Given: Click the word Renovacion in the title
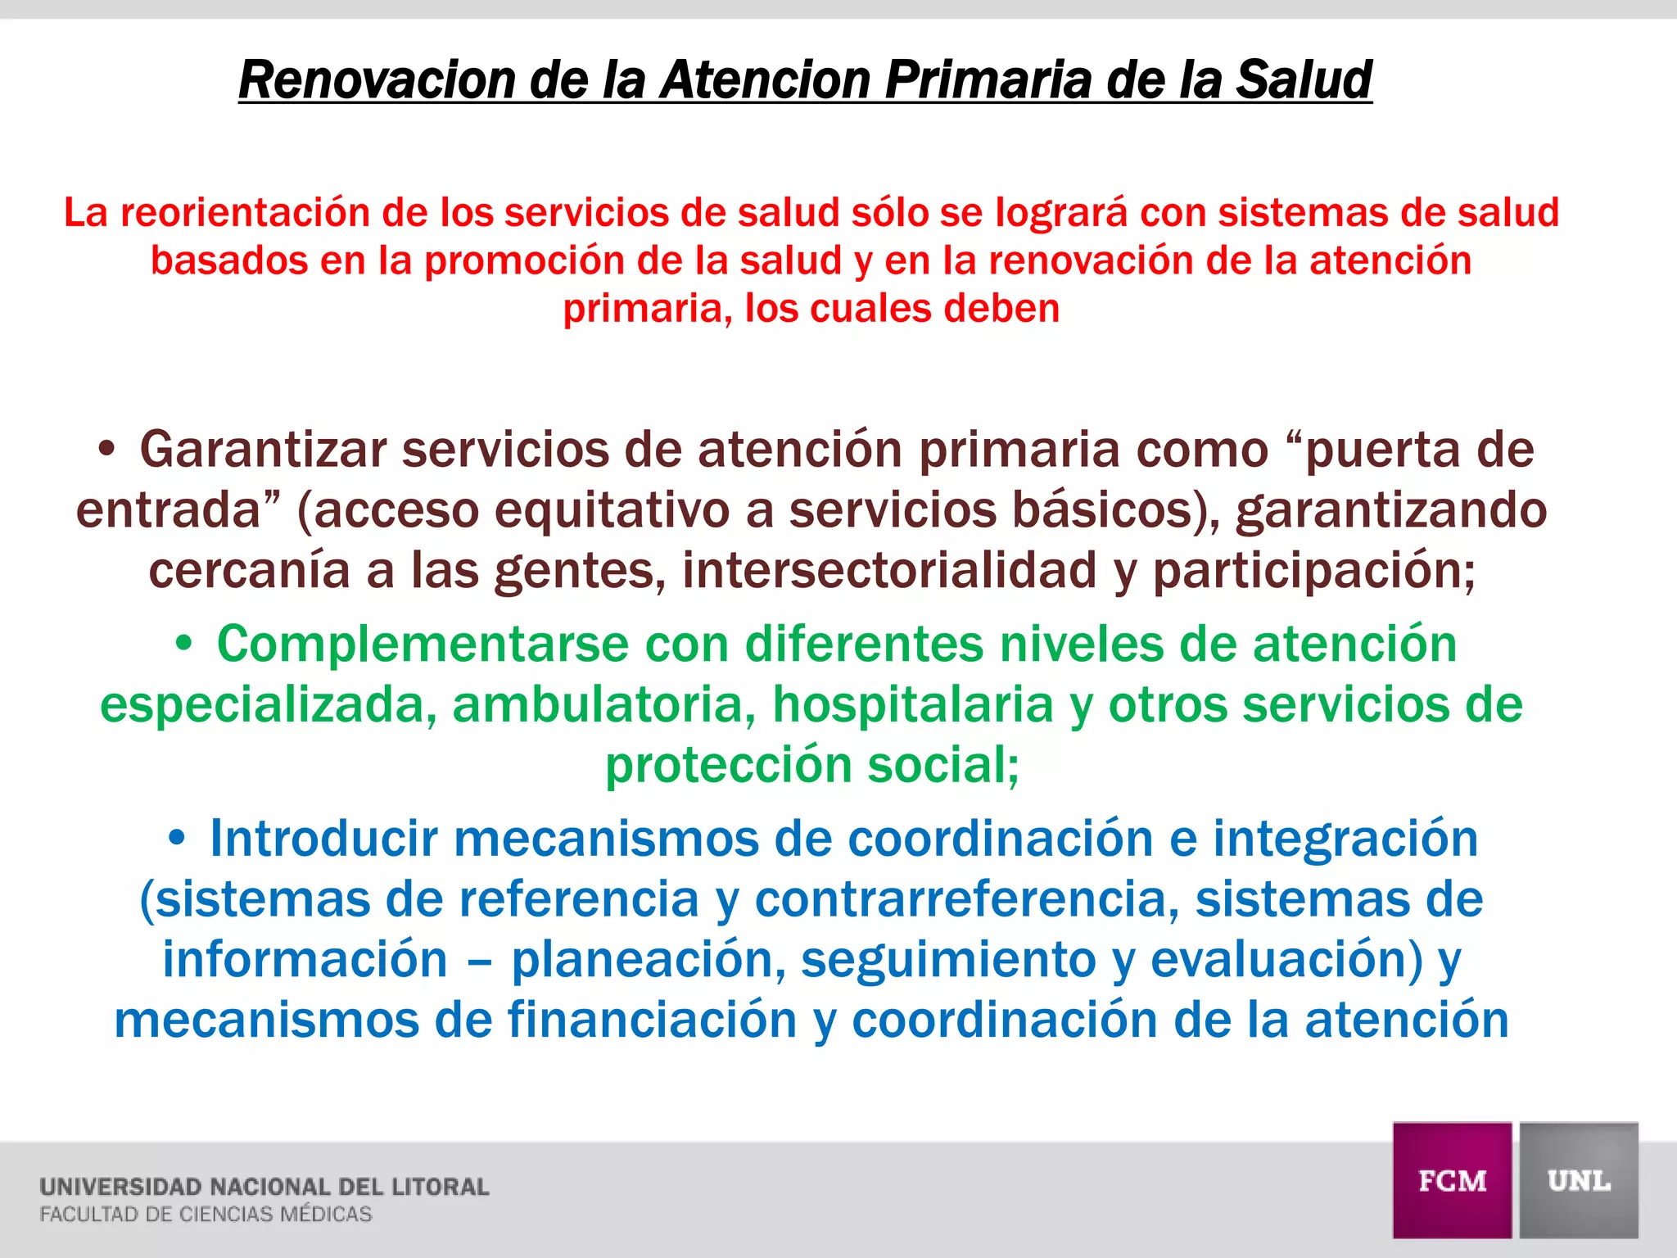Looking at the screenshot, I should [376, 80].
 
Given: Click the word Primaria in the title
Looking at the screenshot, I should [988, 80].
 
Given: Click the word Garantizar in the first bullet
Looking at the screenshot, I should [262, 450].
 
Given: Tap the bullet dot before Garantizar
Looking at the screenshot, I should [106, 450].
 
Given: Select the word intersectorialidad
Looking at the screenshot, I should [889, 570].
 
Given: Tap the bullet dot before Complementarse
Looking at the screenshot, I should [184, 644].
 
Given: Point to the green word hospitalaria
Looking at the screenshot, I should [913, 704].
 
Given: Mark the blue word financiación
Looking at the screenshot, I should [653, 1020].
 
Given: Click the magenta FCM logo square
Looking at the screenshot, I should [1452, 1180].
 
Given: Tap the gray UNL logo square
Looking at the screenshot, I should [1579, 1180].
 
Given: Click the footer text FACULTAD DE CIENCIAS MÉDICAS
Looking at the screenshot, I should [206, 1215].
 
